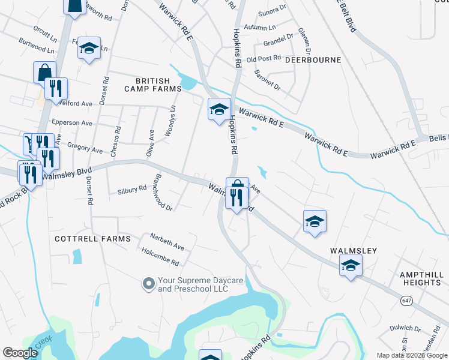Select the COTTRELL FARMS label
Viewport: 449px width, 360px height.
coord(92,239)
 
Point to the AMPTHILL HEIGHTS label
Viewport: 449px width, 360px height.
coord(420,278)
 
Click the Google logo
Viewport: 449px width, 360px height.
coord(20,352)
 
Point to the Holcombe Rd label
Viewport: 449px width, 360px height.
coord(161,258)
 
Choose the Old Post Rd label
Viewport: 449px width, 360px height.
coord(264,59)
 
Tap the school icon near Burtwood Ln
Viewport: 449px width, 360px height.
coord(89,48)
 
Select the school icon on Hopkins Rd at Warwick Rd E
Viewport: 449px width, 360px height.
coord(219,109)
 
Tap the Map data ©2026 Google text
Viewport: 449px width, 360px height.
coord(412,355)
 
